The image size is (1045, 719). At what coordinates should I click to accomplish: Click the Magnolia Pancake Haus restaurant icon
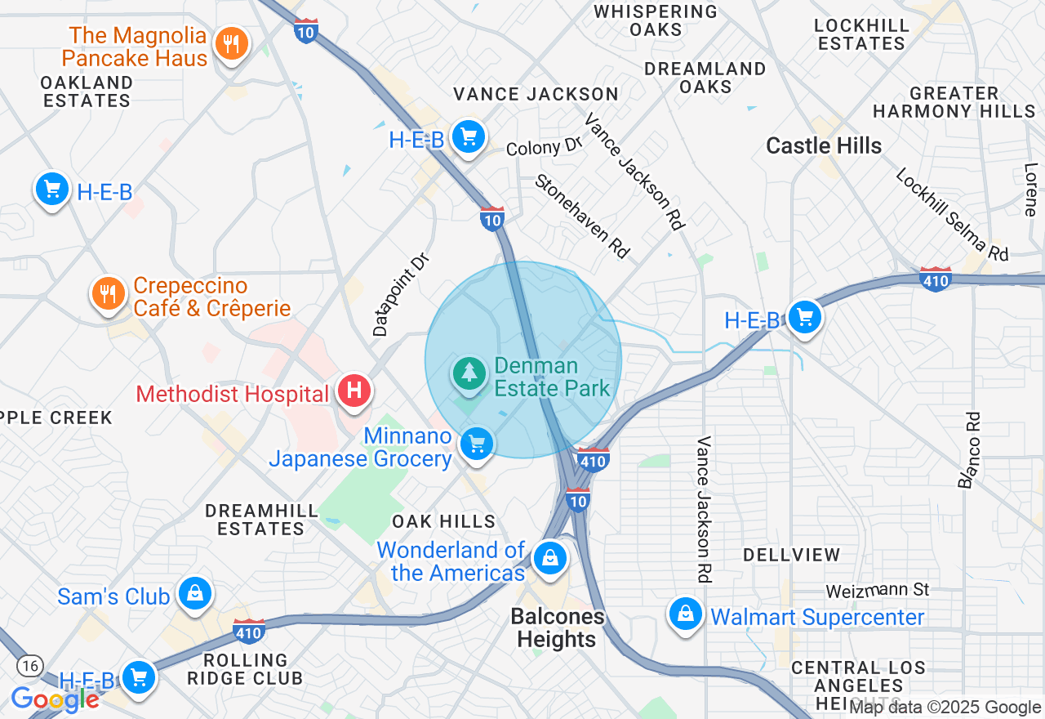click(x=232, y=44)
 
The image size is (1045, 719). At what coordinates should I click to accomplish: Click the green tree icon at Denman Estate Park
click(x=469, y=373)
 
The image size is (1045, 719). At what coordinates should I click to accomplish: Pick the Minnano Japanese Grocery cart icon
click(x=476, y=444)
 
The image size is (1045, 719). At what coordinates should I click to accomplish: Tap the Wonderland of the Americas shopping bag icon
click(x=550, y=559)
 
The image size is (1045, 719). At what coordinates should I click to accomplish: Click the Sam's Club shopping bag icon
click(x=195, y=594)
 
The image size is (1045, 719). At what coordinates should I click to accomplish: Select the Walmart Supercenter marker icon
click(x=686, y=614)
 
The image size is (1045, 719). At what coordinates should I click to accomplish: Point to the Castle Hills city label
click(x=824, y=146)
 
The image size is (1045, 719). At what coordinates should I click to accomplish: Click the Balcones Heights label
click(x=558, y=627)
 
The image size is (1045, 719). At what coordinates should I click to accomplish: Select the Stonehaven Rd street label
click(x=582, y=217)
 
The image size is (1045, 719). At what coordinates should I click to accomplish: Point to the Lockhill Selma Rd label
click(x=951, y=214)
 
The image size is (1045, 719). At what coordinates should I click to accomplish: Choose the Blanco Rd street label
click(x=970, y=449)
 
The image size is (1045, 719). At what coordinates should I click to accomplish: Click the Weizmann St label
click(x=878, y=589)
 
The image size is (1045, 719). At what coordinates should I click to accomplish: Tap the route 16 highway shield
click(x=30, y=666)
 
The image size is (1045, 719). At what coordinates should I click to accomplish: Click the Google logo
click(x=55, y=699)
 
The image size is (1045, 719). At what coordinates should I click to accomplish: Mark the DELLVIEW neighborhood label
click(x=791, y=555)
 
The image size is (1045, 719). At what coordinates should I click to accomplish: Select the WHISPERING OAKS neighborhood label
click(x=656, y=20)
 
